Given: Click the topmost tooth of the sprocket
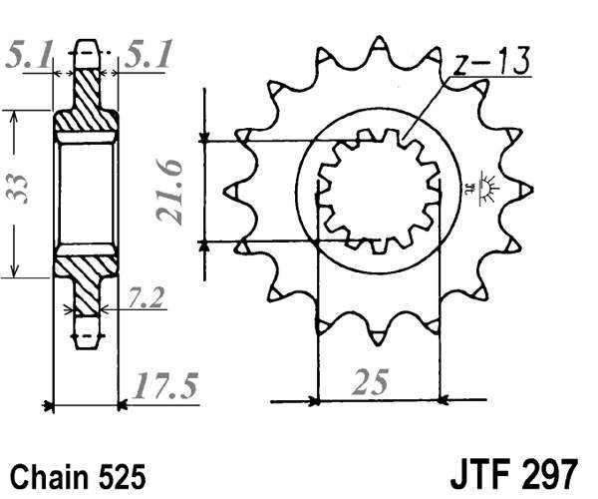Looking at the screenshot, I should click(378, 50).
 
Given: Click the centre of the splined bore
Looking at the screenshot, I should click(378, 190).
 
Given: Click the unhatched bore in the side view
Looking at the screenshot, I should click(86, 190).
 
